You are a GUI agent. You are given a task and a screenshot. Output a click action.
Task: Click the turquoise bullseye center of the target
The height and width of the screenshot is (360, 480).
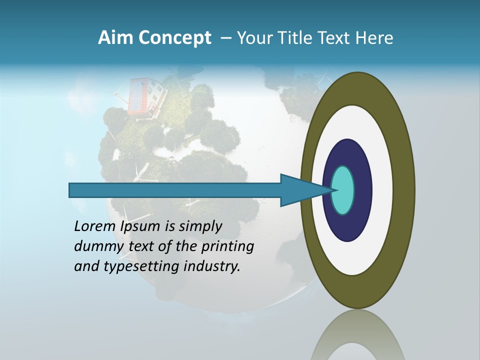click(343, 190)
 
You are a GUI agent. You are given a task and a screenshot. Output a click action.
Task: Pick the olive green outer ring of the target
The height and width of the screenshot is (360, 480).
click(403, 190)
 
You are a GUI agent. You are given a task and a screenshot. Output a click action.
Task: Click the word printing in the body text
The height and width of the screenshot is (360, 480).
click(229, 247)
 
